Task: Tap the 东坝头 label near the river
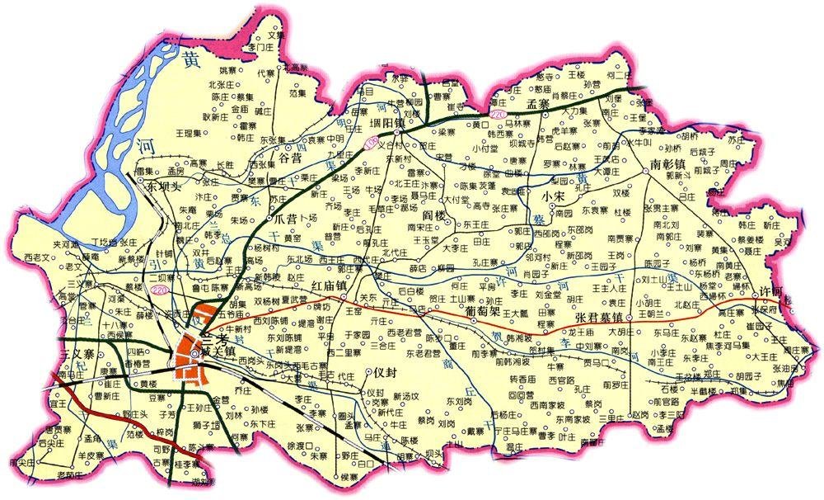[x=163, y=187]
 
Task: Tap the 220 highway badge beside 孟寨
[x=498, y=112]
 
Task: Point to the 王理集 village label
[x=194, y=133]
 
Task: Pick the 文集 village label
[x=275, y=37]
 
